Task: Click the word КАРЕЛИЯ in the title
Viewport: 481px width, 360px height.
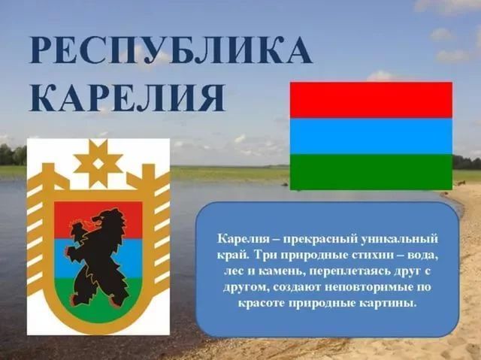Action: point(127,98)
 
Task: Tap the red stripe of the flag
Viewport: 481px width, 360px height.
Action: point(371,100)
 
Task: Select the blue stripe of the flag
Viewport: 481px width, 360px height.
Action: point(371,136)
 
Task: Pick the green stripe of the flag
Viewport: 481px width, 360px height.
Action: point(371,172)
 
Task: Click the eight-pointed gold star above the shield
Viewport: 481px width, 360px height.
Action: point(98,163)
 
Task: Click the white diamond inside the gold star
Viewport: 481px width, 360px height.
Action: point(98,164)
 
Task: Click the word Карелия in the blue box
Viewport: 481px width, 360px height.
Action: point(243,239)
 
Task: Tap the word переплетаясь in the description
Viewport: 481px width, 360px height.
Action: point(349,271)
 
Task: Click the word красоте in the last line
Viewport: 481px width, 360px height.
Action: point(262,304)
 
